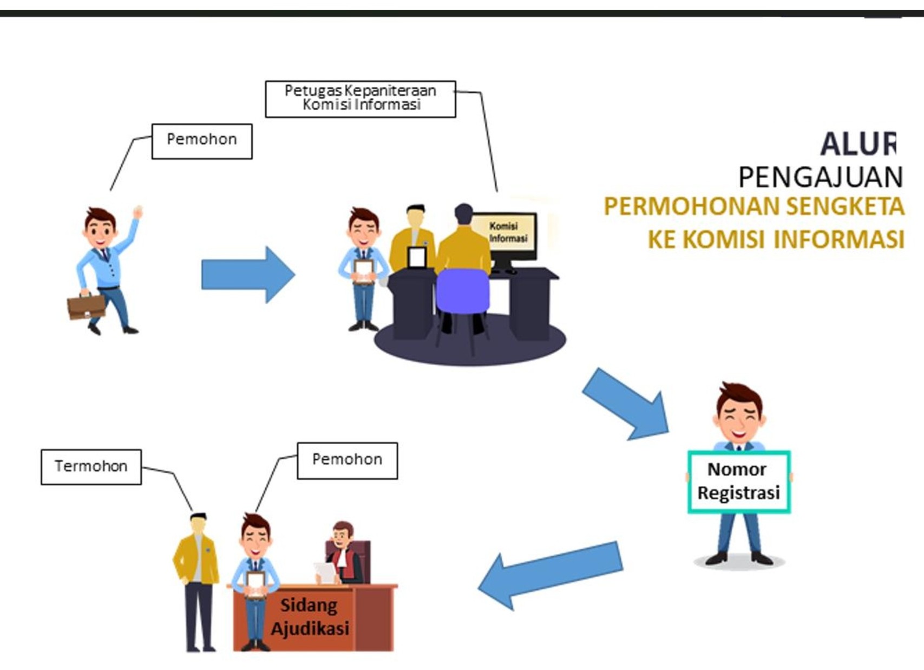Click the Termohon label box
(91, 466)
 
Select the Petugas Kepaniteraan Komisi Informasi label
(361, 99)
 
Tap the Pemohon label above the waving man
(201, 141)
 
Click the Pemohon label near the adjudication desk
(347, 460)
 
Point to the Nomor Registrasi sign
(739, 482)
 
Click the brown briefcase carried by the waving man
(86, 306)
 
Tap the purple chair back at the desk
(463, 290)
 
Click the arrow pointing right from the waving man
(248, 275)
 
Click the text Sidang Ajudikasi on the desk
(310, 617)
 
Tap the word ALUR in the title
(859, 144)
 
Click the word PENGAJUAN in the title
(820, 177)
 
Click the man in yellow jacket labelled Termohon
(197, 574)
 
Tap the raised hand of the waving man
(138, 212)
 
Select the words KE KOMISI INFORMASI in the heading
(776, 239)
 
